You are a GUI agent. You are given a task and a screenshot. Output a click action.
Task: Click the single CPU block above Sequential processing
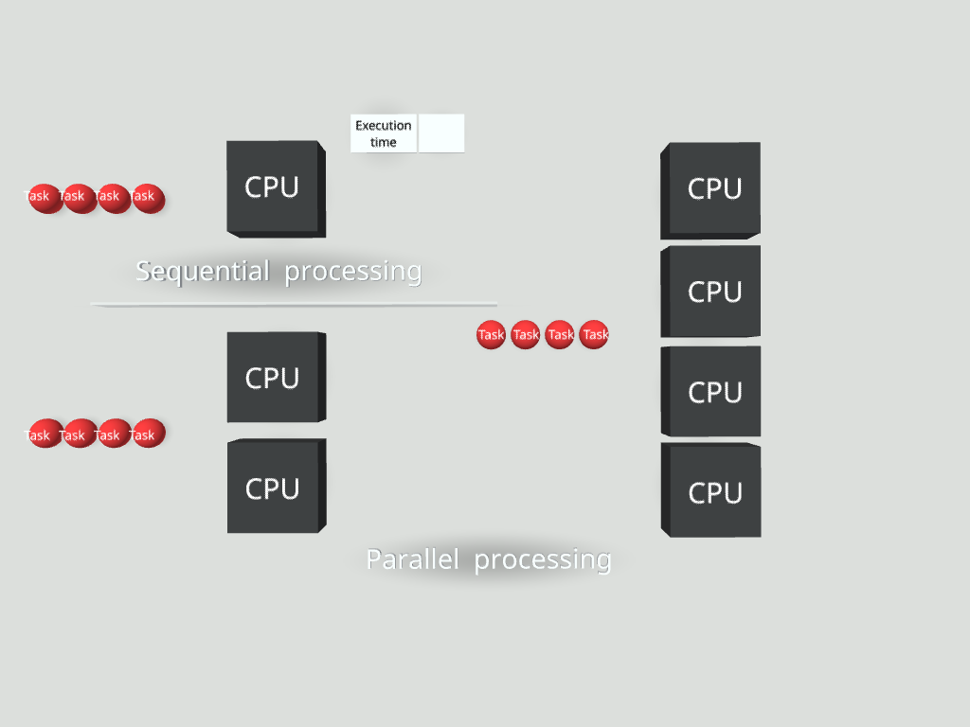275,187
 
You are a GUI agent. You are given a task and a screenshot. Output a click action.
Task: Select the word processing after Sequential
352,273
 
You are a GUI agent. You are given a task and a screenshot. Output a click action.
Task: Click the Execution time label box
384,133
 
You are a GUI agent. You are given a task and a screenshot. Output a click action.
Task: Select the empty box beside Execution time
441,133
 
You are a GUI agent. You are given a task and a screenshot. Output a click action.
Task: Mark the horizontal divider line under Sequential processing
294,304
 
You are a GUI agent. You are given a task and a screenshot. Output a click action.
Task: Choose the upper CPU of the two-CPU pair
275,377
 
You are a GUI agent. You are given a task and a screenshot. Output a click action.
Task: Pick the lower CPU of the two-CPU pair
275,487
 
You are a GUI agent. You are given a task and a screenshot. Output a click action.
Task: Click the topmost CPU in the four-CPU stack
712,189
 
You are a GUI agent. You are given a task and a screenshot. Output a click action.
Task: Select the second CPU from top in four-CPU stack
712,292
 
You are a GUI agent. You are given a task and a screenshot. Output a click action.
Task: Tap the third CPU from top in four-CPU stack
712,392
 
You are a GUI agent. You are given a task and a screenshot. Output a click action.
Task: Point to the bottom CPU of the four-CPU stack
712,492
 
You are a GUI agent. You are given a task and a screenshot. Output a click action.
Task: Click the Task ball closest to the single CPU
148,198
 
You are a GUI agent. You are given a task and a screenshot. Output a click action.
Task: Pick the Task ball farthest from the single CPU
43,198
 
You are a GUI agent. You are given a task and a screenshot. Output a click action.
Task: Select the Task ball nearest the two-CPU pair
148,434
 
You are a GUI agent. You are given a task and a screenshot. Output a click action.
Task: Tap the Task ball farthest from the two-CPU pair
44,434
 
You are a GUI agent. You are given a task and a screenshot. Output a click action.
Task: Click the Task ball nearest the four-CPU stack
594,335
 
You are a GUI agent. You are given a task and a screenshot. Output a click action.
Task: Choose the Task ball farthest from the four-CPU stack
491,335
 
